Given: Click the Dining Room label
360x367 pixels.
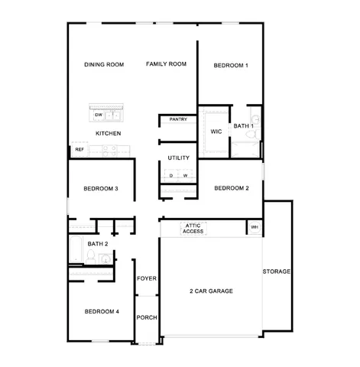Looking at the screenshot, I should coord(104,65).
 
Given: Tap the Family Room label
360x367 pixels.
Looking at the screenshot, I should coord(167,64).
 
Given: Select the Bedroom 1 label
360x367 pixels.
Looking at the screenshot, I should coord(230,66).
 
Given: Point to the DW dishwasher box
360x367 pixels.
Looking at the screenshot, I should coord(99,115).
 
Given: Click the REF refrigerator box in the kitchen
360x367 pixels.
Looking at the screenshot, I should coord(79,150).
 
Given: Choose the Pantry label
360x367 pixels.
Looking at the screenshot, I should coord(178,119).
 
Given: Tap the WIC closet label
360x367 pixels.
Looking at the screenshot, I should coord(216,132).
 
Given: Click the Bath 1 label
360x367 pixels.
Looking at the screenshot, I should coord(243,126).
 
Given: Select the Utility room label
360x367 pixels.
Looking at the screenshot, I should coord(178,158).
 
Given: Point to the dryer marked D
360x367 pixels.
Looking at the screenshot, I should coord(172,176).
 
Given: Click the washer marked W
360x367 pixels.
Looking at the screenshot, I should coord(185,176).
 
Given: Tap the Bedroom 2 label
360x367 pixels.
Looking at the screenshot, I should coord(231,188).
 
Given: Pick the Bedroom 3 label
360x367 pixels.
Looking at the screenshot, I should coord(100,189).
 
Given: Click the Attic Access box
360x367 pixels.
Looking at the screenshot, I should coord(193,228).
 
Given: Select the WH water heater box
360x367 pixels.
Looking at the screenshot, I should coord(254,227).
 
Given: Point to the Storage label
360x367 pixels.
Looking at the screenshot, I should coord(277,271).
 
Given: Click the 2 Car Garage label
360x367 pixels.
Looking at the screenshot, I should coord(211,291).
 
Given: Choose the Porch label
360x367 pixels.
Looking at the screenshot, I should coord(147,317).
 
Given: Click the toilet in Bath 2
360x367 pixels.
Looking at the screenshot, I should coord(90,260).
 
